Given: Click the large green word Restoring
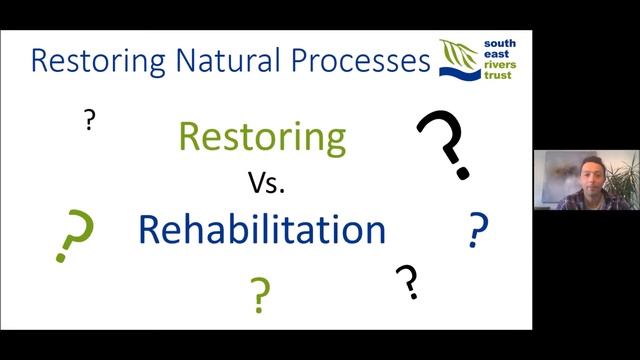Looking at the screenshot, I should click(x=262, y=136).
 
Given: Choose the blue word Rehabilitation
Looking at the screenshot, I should click(x=262, y=229).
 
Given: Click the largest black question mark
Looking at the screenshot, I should click(x=444, y=144).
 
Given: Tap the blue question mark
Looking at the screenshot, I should click(x=478, y=231).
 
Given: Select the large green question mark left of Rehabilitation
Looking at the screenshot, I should click(x=75, y=235).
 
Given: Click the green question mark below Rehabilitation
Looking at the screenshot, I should click(x=260, y=293).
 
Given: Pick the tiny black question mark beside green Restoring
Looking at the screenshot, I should click(x=90, y=121).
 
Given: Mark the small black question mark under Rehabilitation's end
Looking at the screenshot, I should click(x=406, y=282).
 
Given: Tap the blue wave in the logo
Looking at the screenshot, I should click(x=460, y=71).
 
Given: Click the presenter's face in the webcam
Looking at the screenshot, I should click(x=583, y=171).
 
